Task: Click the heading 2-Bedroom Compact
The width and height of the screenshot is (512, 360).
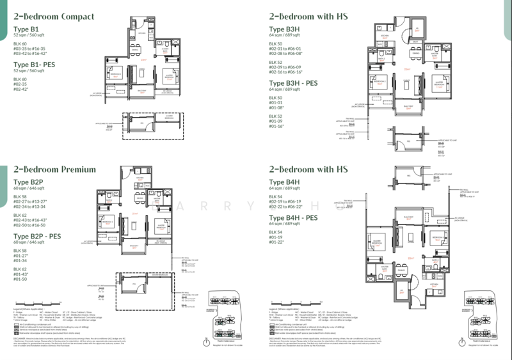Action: [x=54, y=17]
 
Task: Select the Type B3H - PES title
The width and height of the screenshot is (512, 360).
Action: [x=293, y=83]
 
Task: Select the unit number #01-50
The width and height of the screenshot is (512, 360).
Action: [x=20, y=279]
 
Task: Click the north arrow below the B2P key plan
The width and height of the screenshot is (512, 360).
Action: [x=205, y=341]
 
